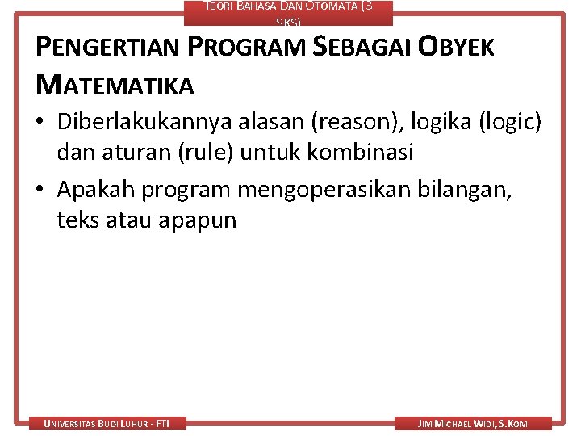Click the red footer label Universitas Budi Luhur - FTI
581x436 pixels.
107,423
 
